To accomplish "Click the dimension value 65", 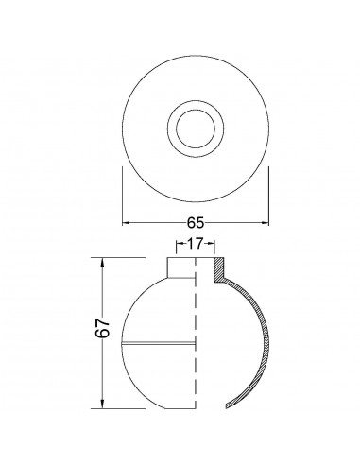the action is click(196, 223).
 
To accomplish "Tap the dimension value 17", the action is click(195, 244).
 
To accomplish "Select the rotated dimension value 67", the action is click(103, 328).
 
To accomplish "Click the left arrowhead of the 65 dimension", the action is click(127, 223).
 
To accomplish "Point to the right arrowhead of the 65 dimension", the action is click(265, 223).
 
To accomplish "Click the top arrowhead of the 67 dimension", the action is click(102, 262).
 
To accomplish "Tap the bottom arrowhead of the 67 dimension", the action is click(102, 405).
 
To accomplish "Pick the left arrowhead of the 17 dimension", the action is click(180, 244).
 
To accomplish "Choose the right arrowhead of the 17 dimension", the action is click(211, 244).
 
